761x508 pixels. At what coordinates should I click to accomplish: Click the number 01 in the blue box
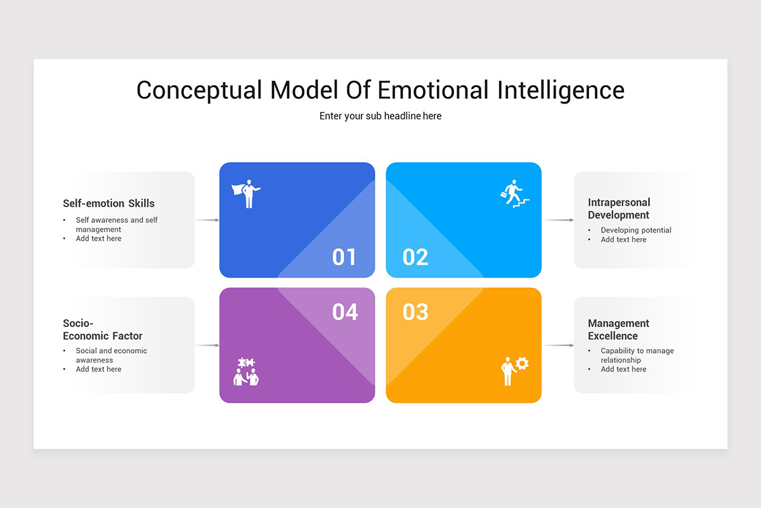tap(344, 257)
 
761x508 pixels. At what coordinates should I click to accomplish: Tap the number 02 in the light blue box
tap(415, 257)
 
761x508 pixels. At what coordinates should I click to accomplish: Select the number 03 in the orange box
tap(415, 312)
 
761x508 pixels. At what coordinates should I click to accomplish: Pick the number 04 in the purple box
tap(345, 312)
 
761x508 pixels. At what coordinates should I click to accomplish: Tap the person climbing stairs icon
tap(514, 193)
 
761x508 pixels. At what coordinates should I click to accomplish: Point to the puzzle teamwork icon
tap(247, 372)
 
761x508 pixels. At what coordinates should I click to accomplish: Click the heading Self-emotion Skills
tap(108, 203)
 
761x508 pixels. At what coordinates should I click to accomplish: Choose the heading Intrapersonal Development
tap(618, 208)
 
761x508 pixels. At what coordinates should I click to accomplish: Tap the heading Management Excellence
tap(618, 330)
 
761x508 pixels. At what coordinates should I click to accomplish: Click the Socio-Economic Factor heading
tap(102, 330)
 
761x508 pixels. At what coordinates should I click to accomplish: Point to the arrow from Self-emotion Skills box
tap(207, 220)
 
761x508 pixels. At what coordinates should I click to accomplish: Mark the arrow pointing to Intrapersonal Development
tap(558, 220)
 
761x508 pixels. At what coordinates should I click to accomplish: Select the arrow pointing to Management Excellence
tap(558, 345)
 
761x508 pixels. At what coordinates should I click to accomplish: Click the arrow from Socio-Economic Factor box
tap(207, 345)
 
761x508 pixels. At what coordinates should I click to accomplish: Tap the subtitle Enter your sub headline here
tap(380, 116)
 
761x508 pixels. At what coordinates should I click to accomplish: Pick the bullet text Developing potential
tap(635, 231)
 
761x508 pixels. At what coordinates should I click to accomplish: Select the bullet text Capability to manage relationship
tap(637, 355)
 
